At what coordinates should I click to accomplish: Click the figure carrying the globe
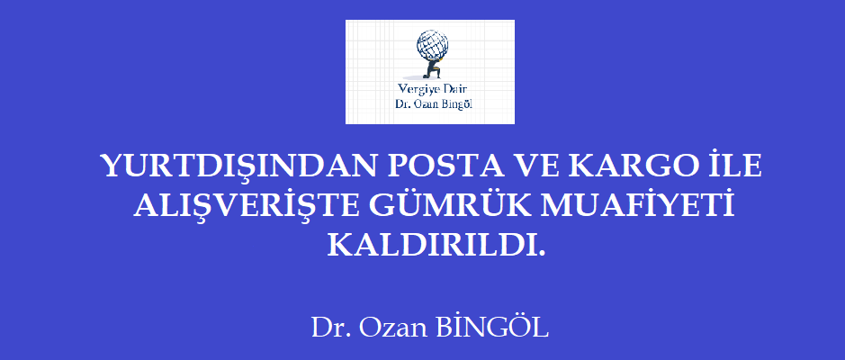(431, 68)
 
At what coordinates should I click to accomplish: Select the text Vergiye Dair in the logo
(431, 89)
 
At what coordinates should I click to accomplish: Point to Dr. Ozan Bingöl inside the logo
(435, 104)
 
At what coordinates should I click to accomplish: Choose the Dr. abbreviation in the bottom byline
(330, 328)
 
